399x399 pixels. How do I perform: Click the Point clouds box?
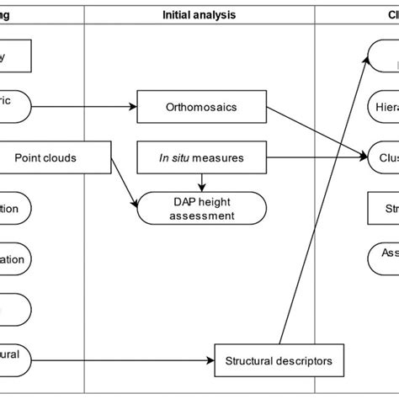pyautogui.click(x=56, y=157)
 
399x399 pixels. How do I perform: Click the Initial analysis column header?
pyautogui.click(x=199, y=14)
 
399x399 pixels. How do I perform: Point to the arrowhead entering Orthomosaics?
pyautogui.click(x=131, y=108)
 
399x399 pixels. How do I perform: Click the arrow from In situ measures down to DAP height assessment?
pyautogui.click(x=200, y=178)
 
